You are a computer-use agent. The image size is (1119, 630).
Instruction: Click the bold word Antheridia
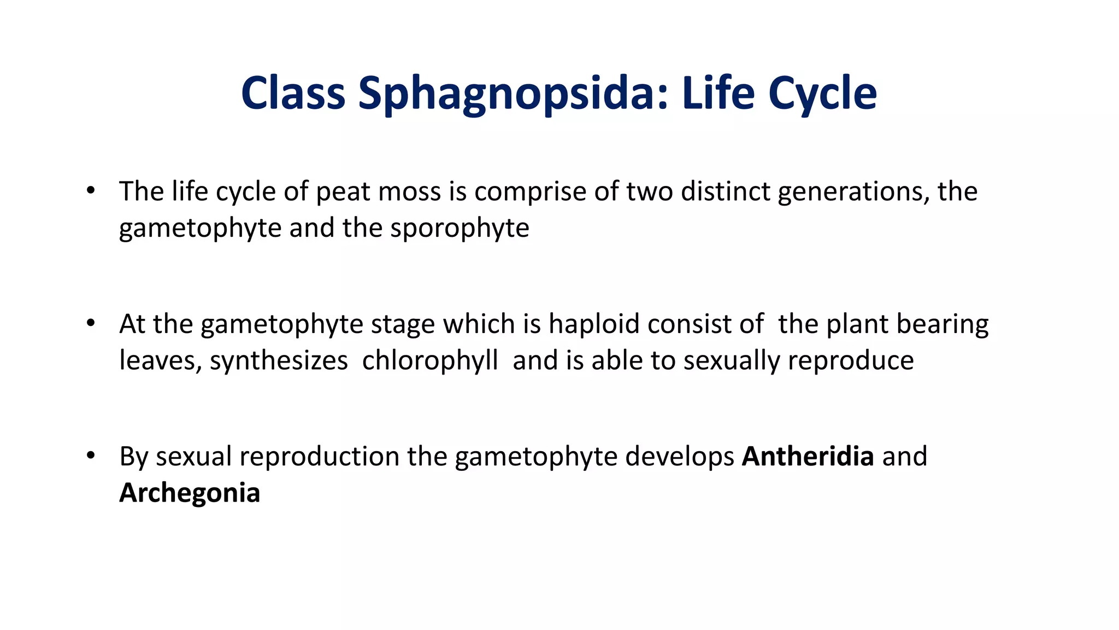point(807,456)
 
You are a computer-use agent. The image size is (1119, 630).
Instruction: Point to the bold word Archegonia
point(190,493)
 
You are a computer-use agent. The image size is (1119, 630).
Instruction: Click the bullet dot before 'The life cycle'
point(91,191)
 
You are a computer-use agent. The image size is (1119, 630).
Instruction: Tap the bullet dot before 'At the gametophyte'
point(91,323)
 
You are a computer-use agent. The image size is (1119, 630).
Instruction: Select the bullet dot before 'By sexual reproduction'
point(91,456)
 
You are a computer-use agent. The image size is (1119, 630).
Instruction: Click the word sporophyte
point(460,228)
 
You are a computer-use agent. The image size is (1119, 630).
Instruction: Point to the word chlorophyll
point(430,360)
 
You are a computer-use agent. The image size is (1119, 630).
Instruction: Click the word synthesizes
point(279,360)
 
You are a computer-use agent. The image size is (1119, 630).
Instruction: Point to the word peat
point(339,192)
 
